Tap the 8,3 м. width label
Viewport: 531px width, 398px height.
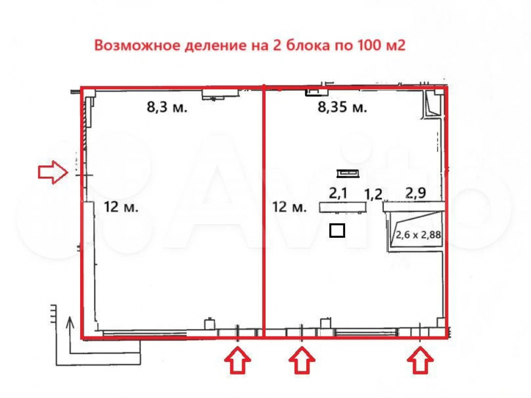coord(167,108)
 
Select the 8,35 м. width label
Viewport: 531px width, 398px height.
coord(342,108)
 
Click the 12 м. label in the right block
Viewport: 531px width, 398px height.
coord(289,207)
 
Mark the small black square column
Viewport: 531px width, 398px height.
coord(337,230)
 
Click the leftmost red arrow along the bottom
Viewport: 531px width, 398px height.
coord(237,361)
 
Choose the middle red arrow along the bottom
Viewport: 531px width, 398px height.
coord(302,361)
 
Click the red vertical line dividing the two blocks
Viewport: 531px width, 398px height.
coord(264,212)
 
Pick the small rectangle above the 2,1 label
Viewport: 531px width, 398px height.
coord(348,172)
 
